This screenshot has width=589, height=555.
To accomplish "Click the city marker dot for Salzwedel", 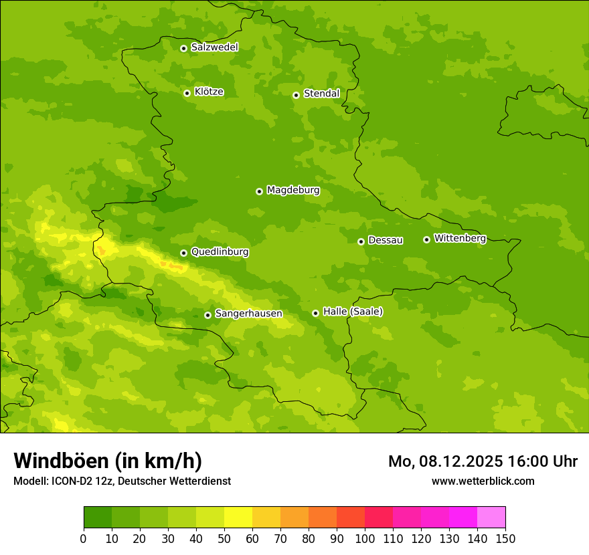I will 183,48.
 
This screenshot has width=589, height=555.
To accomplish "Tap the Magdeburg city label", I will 293,191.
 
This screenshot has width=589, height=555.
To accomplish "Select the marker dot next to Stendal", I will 296,95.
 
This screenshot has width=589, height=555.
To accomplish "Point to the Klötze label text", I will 209,92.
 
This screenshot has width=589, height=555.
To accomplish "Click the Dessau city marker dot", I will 361,241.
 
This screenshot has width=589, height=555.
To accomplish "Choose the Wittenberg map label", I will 460,239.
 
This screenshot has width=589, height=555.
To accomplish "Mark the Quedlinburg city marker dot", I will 183,253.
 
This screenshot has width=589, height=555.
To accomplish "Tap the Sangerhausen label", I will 248,314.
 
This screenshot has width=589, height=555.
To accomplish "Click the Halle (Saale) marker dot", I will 315,313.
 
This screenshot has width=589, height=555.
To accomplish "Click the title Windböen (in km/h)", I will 108,461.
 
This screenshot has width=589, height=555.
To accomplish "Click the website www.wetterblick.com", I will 483,481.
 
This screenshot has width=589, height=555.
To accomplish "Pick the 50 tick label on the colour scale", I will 224,538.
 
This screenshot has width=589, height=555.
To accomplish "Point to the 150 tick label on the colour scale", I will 505,538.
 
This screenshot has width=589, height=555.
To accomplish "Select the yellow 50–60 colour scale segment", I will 238,518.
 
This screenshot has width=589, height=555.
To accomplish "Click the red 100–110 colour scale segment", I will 379,518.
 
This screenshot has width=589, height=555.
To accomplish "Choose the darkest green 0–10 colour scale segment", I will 98,518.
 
